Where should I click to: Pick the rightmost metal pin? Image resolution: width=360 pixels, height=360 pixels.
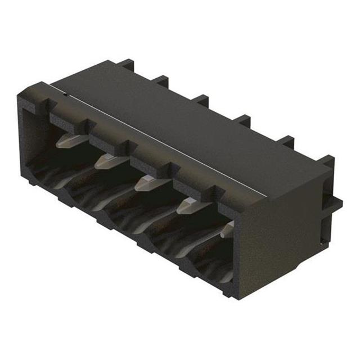228,229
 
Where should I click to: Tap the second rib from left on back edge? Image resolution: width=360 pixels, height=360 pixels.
161,82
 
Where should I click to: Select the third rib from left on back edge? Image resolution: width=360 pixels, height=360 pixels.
200,101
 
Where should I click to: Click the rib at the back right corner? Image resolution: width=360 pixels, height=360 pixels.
328,163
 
